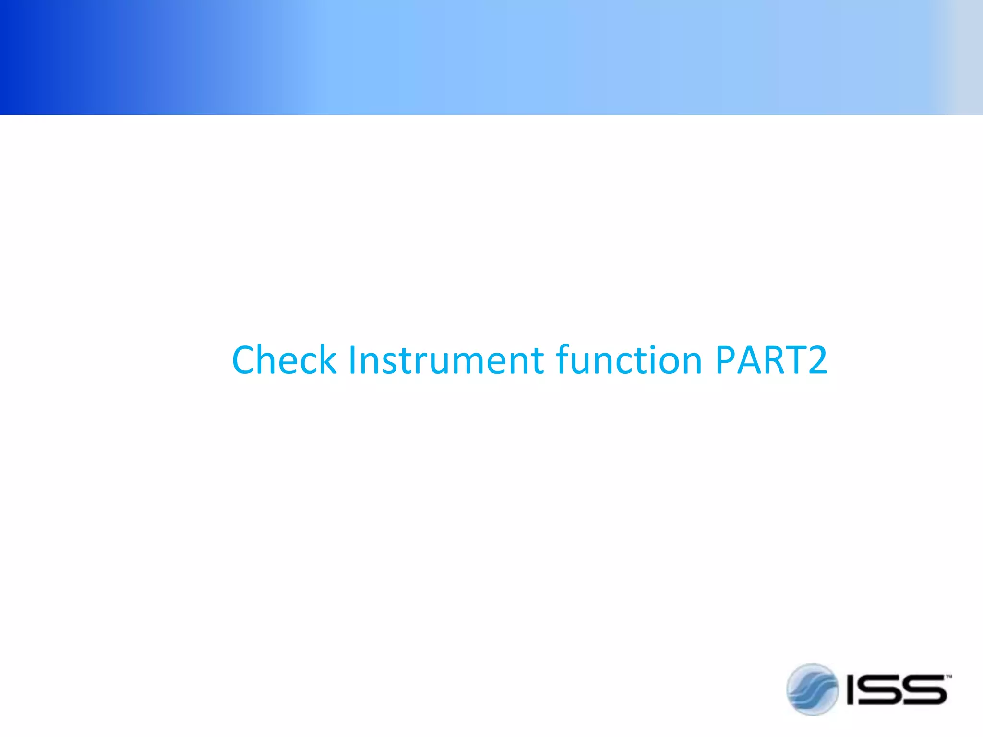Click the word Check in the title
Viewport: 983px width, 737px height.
click(x=284, y=360)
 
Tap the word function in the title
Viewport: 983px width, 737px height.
click(x=629, y=360)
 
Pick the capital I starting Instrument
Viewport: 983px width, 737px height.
click(x=352, y=360)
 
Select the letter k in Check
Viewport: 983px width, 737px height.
click(x=327, y=360)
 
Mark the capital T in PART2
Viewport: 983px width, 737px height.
click(x=794, y=360)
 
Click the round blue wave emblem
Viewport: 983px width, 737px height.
click(x=812, y=689)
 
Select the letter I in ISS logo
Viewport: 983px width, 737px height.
click(x=852, y=689)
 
